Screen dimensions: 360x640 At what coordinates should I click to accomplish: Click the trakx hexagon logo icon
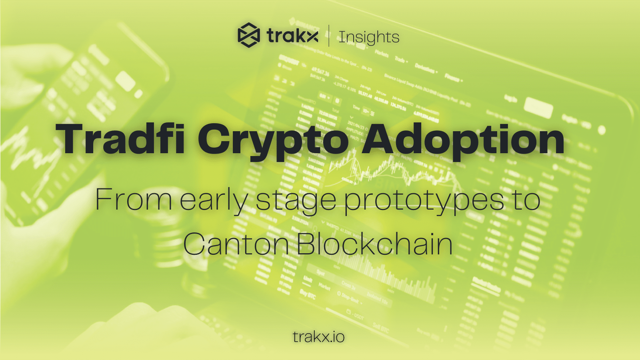249,36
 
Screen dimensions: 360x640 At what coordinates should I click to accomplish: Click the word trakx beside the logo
293,36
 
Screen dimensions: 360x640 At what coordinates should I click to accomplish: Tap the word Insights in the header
369,37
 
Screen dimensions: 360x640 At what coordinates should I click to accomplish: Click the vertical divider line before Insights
329,36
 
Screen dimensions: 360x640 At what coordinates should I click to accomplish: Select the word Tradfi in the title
120,139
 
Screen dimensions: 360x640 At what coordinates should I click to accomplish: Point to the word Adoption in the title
463,139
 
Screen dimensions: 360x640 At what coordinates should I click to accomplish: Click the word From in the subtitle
133,200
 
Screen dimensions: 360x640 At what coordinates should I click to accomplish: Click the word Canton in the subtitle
236,244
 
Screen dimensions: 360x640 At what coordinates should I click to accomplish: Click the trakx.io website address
319,337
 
